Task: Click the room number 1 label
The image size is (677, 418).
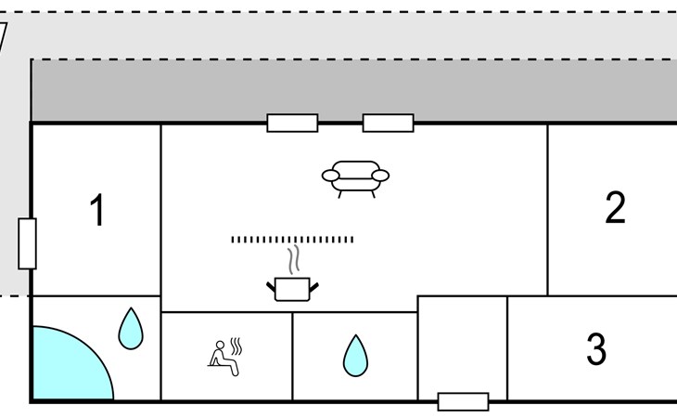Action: (x=98, y=210)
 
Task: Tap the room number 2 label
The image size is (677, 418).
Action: (x=615, y=207)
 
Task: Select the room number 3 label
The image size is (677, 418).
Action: (x=596, y=348)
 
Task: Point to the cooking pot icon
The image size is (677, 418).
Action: (x=292, y=289)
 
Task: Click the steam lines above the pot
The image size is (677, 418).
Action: (x=294, y=260)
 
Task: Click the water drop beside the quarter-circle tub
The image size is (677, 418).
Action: (x=131, y=328)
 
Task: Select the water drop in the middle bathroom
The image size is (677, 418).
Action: (x=355, y=356)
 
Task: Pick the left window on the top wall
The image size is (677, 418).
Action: (x=292, y=123)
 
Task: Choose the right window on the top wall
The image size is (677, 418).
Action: (x=389, y=123)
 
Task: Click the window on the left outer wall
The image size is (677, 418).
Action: (x=27, y=243)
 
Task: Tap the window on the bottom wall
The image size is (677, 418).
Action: (x=464, y=401)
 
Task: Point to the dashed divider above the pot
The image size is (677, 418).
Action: (x=292, y=240)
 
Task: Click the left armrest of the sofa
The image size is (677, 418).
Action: (x=331, y=176)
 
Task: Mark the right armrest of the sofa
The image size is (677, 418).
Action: (x=380, y=176)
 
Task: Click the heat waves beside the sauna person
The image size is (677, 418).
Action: (x=236, y=346)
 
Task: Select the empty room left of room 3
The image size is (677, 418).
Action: (x=463, y=347)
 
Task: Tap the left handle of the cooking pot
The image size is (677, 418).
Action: (x=271, y=287)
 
